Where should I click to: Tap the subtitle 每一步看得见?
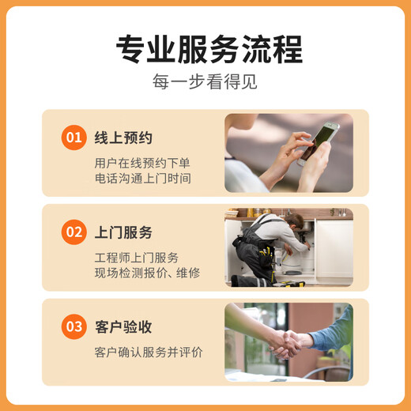tap(205, 82)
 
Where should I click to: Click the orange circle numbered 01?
tap(74, 138)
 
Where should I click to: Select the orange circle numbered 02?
tap(74, 232)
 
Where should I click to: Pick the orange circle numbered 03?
tap(74, 326)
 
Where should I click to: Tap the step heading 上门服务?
tap(123, 232)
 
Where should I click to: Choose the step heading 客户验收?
tap(123, 326)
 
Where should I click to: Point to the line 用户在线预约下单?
tap(142, 163)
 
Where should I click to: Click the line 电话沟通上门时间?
tap(142, 179)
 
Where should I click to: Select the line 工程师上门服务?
tap(136, 258)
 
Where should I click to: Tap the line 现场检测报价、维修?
tap(147, 273)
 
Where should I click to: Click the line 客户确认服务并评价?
tap(148, 352)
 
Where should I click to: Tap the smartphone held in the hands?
tap(319, 140)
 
